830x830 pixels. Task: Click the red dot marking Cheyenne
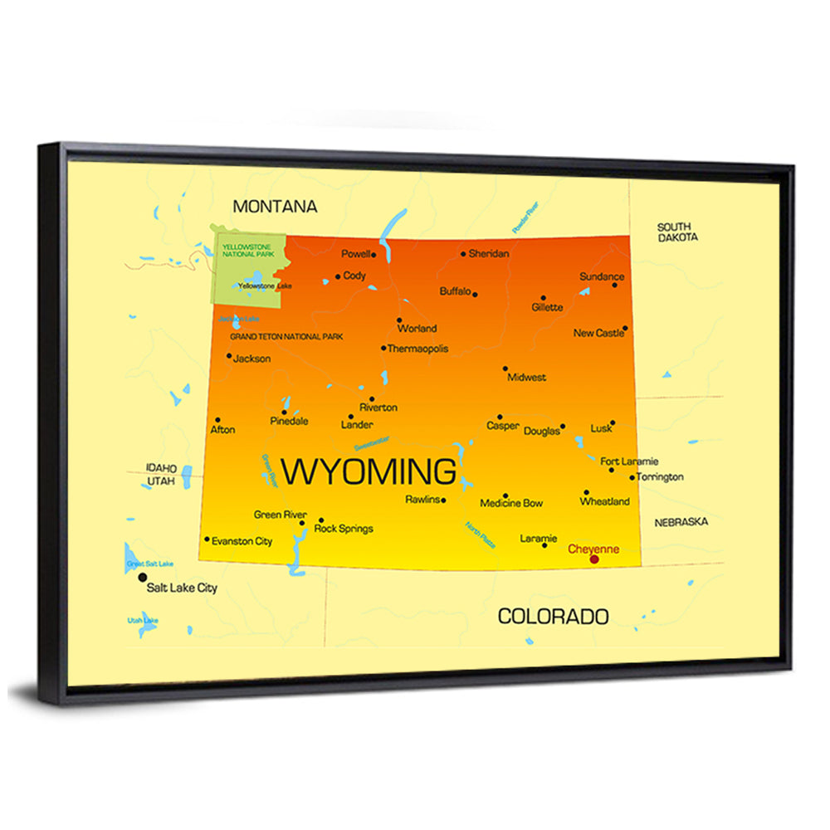tap(594, 559)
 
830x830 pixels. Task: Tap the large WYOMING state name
tap(369, 471)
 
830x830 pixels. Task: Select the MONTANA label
tap(275, 206)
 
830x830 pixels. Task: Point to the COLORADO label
tap(553, 616)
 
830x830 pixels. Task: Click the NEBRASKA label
tap(681, 522)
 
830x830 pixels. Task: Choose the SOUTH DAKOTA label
tap(677, 232)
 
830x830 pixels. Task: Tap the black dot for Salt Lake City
tap(143, 577)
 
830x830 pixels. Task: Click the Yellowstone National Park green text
tap(247, 250)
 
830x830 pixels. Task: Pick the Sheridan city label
tap(489, 254)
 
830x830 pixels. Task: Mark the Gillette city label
tap(547, 307)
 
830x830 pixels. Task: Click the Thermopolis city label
tap(417, 349)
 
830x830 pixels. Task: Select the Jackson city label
tap(252, 359)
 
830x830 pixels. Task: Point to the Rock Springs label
tap(344, 528)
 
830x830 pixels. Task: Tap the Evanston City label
tap(242, 541)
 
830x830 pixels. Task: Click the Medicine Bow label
tap(511, 503)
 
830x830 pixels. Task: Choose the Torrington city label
tap(662, 477)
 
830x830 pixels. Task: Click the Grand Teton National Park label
tap(286, 337)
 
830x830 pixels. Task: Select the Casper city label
tap(503, 426)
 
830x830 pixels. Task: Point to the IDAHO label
tap(162, 467)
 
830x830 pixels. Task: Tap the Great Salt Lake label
tap(150, 564)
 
